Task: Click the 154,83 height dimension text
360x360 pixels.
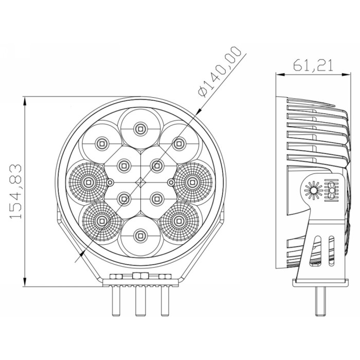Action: pyautogui.click(x=15, y=191)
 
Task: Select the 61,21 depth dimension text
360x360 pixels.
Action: pyautogui.click(x=313, y=65)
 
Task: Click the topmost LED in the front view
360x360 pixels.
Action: pyautogui.click(x=140, y=129)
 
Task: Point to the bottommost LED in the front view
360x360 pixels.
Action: pyautogui.click(x=140, y=236)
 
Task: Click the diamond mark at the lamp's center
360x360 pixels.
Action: pyautogui.click(x=140, y=183)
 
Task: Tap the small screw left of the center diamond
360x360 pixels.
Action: pyautogui.click(x=110, y=183)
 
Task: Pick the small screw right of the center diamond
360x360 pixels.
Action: pyautogui.click(x=171, y=183)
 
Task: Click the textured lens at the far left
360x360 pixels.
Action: pyautogui.click(x=88, y=182)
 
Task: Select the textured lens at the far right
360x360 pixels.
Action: pyautogui.click(x=192, y=182)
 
